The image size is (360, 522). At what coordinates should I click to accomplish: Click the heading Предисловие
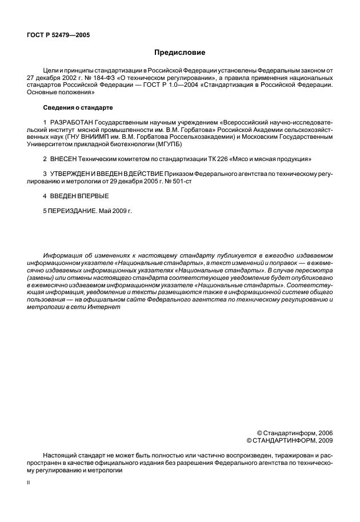(179, 53)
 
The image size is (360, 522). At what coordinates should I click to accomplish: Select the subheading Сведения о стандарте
(78, 107)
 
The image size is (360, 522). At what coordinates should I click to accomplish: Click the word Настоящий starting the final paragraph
(59, 456)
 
